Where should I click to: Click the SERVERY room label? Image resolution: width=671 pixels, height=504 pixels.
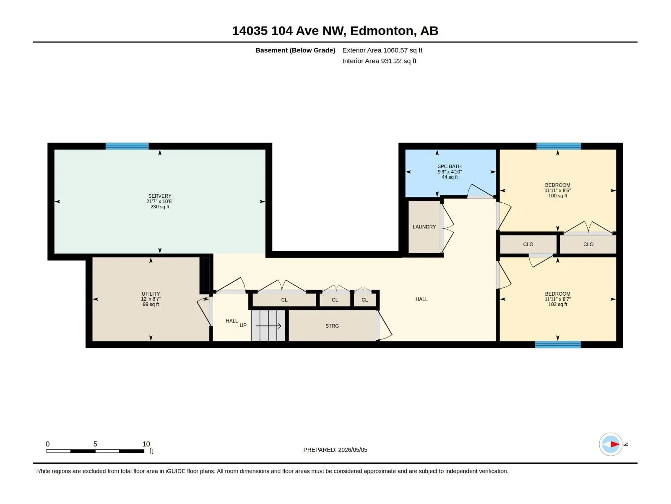click(160, 196)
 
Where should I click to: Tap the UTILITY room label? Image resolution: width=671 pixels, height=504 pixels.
click(151, 294)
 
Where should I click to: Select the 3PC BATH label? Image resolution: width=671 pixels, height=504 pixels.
click(450, 166)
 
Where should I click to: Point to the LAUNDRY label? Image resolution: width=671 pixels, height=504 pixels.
click(424, 227)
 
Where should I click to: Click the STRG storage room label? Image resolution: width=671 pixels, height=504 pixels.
click(332, 326)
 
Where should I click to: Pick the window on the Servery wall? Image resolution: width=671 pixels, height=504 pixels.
click(127, 146)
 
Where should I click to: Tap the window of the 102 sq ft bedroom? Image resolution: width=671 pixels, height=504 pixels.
click(558, 344)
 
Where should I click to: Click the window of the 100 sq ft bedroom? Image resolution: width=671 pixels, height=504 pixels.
click(559, 146)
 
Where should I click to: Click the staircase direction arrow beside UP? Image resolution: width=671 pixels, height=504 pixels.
click(268, 326)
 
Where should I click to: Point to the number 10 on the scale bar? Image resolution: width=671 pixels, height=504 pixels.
click(146, 444)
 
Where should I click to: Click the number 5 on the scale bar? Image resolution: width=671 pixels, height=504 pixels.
click(95, 444)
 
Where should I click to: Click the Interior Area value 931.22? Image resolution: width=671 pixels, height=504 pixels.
click(391, 61)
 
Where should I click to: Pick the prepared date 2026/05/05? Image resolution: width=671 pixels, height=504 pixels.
click(352, 450)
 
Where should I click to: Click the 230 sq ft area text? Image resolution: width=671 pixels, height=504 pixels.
click(160, 207)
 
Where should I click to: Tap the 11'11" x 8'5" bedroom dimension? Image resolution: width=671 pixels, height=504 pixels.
click(558, 190)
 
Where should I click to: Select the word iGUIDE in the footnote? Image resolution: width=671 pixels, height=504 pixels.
click(175, 471)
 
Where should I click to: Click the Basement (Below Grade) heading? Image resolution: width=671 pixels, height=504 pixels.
click(295, 50)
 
